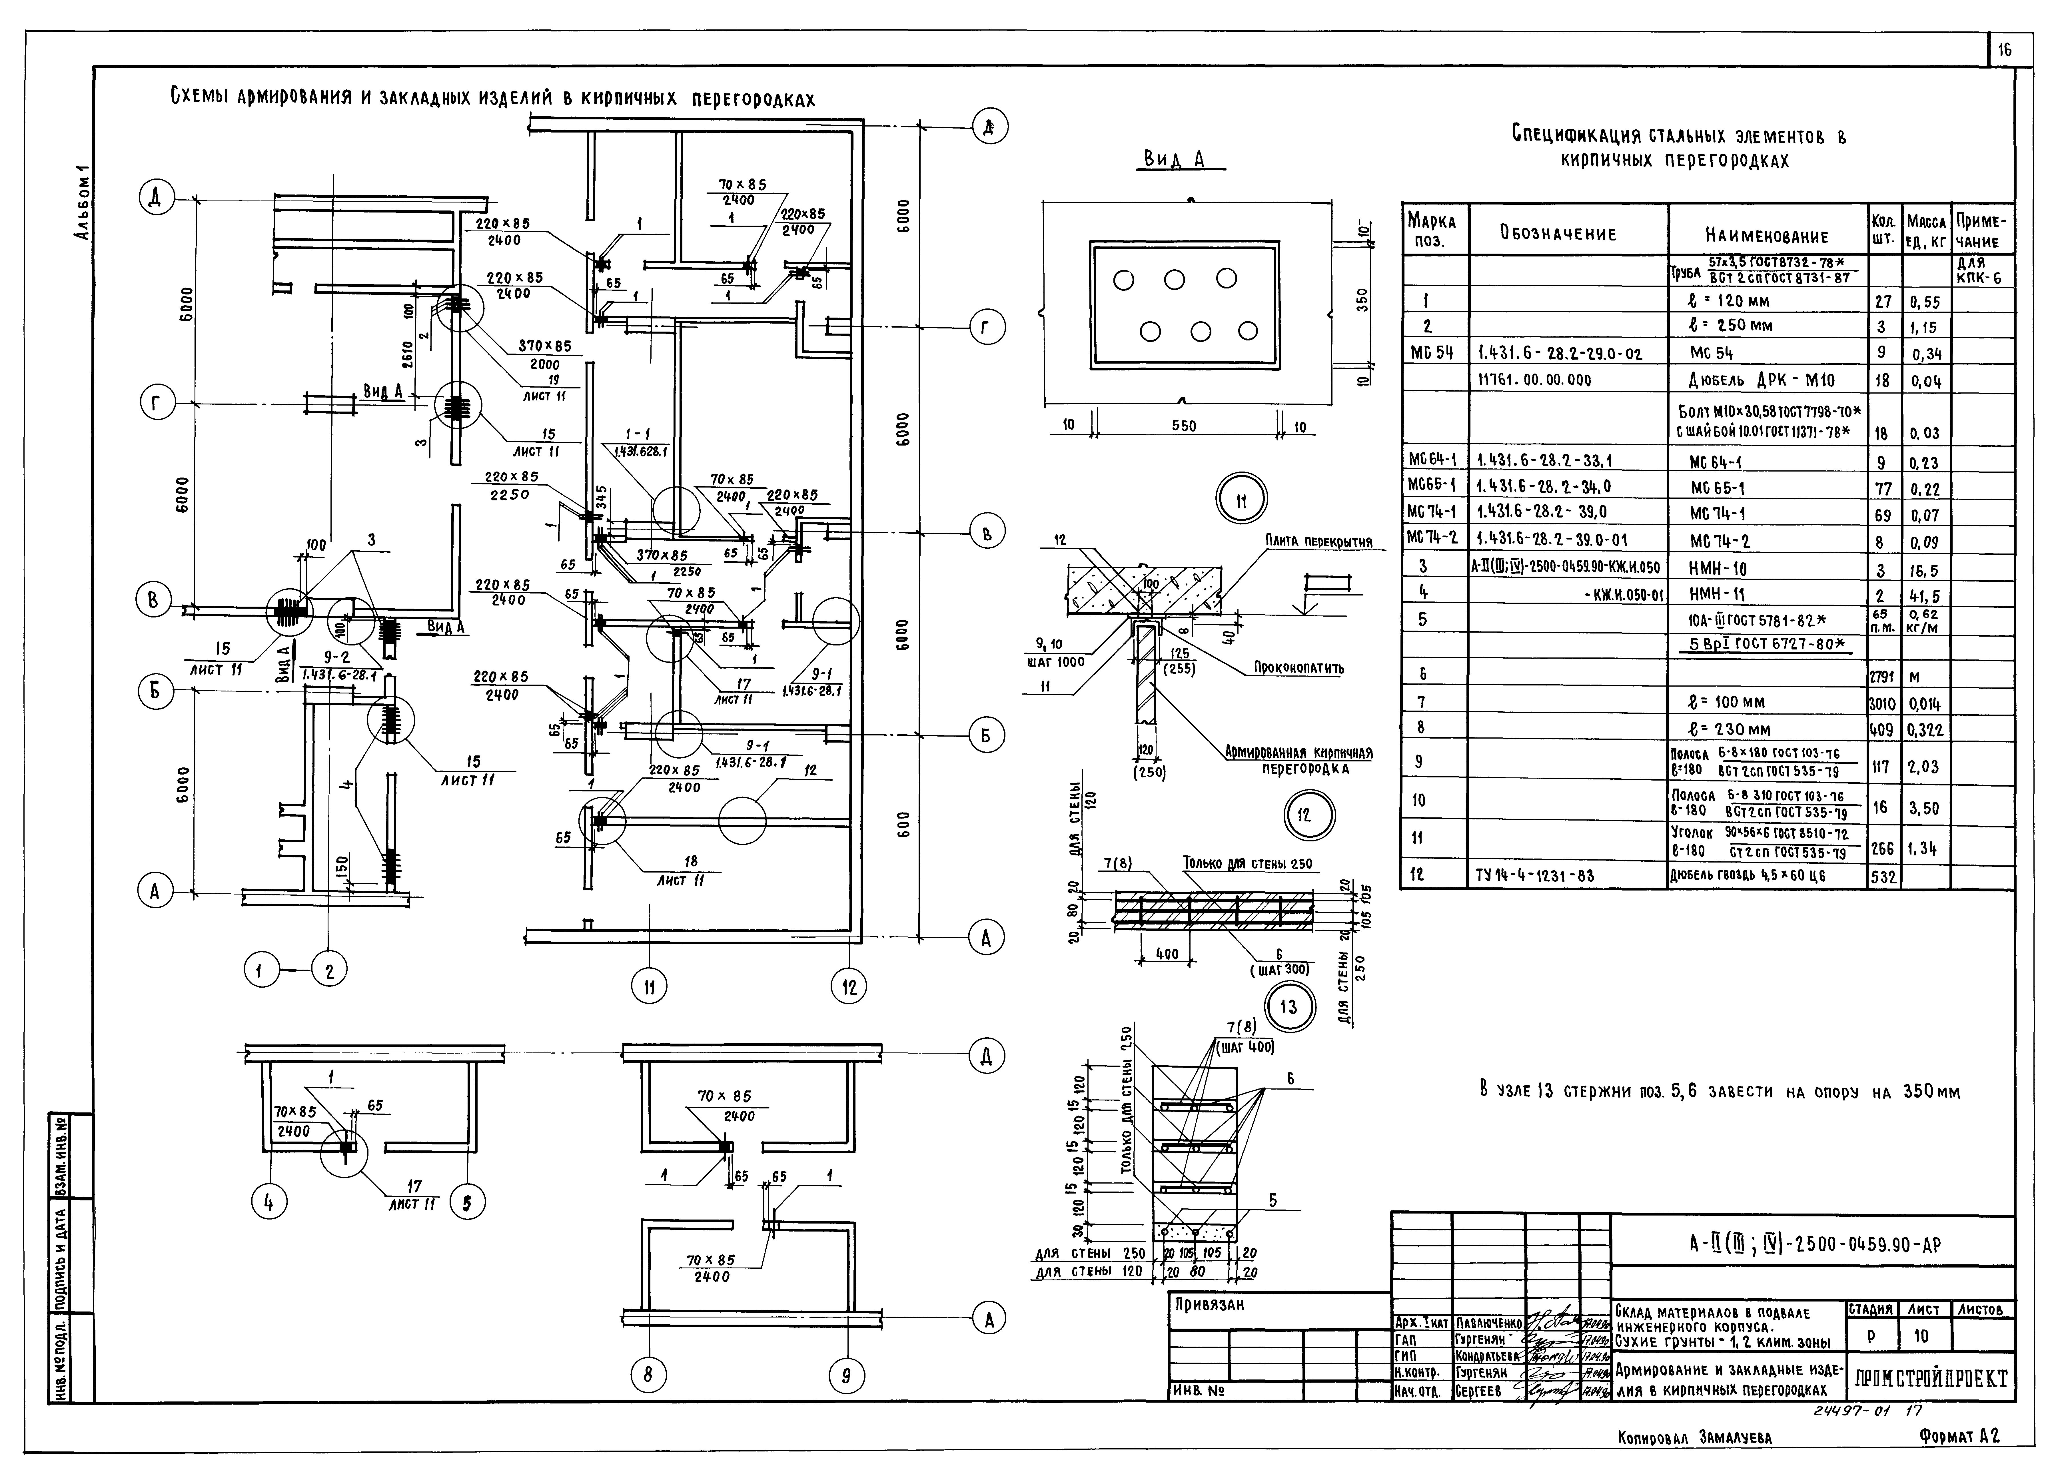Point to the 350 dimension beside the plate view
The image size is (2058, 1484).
point(1361,299)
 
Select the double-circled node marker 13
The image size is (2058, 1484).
point(1288,1007)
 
